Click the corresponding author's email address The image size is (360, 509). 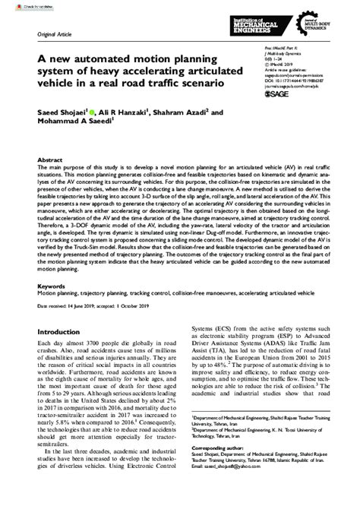pyautogui.click(x=248, y=500)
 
